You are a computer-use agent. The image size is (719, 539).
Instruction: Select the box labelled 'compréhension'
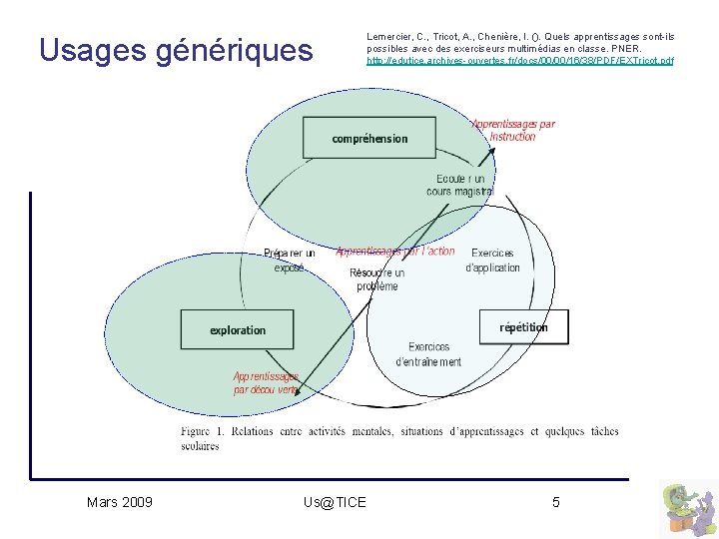click(369, 139)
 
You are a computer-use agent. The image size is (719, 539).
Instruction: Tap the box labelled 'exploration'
click(238, 329)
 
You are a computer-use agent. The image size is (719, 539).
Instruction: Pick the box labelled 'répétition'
click(524, 327)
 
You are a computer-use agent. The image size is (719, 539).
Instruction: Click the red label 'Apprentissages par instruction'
click(513, 131)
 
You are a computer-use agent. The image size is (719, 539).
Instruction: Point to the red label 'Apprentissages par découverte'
click(266, 383)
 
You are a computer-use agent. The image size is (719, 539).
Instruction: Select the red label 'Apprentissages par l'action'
click(395, 252)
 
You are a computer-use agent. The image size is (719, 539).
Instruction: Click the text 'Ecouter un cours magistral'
click(459, 185)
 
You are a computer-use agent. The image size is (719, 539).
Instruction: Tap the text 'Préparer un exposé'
click(289, 261)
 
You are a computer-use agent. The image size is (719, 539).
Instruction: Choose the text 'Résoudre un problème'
click(376, 279)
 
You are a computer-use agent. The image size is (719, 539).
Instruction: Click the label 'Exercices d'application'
click(492, 261)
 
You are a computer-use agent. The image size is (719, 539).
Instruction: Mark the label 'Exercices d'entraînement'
click(428, 354)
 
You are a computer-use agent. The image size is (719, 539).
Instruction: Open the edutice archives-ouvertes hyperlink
click(520, 61)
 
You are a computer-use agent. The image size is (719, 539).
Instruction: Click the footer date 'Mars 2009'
click(120, 502)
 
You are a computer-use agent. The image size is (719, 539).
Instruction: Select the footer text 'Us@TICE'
click(335, 502)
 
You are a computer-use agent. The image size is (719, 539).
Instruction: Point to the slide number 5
click(556, 502)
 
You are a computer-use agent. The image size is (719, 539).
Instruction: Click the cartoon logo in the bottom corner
click(688, 508)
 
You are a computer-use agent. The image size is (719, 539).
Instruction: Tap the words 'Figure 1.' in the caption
click(203, 432)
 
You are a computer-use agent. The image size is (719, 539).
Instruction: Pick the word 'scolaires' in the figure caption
click(200, 446)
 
